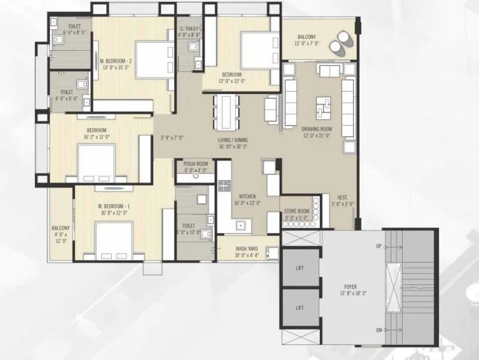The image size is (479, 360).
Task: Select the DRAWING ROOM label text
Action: coord(316,129)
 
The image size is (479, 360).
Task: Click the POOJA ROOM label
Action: coord(195,163)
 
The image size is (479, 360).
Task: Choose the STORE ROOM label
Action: coord(296,211)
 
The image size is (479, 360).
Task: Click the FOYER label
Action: coord(350,288)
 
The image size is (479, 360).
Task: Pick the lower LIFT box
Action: coord(299,307)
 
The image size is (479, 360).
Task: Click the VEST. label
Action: coord(342,197)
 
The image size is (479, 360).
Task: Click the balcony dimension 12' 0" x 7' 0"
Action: coord(308,43)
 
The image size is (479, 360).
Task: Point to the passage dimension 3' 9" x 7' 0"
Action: coord(172,138)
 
